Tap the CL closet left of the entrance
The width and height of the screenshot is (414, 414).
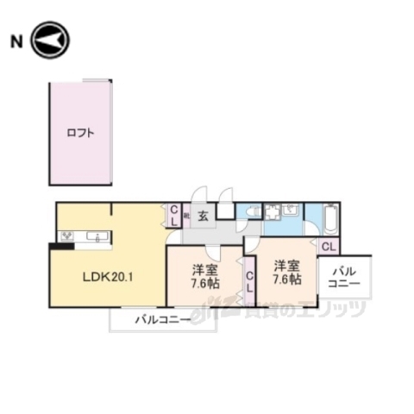tap(173, 216)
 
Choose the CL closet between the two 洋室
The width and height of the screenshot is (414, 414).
tap(248, 282)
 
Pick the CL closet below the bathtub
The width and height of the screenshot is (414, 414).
tap(329, 246)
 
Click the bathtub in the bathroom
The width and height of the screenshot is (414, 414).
tap(332, 219)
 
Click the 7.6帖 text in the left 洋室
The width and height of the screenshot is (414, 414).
tap(205, 282)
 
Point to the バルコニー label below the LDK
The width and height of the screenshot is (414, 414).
tap(161, 320)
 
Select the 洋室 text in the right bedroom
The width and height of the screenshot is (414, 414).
tap(287, 265)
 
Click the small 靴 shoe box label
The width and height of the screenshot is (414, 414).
tap(186, 216)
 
